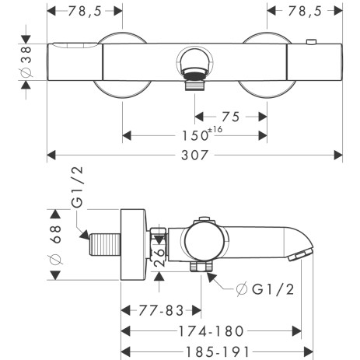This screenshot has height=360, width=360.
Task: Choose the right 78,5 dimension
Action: point(304,11)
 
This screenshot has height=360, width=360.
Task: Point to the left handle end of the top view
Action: point(74,61)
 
